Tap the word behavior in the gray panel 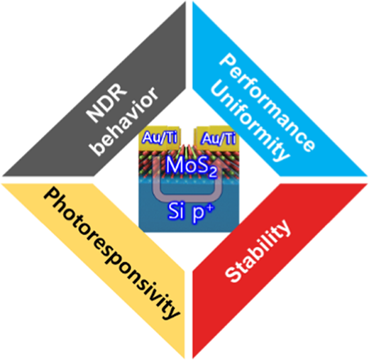(125, 121)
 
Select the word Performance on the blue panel (267, 102)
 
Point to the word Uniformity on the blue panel (250, 123)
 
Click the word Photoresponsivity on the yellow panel (111, 253)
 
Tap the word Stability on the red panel (258, 251)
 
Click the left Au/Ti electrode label (160, 138)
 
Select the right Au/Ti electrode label (219, 138)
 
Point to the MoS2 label (191, 166)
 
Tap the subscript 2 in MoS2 (212, 173)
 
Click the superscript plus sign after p (210, 208)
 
